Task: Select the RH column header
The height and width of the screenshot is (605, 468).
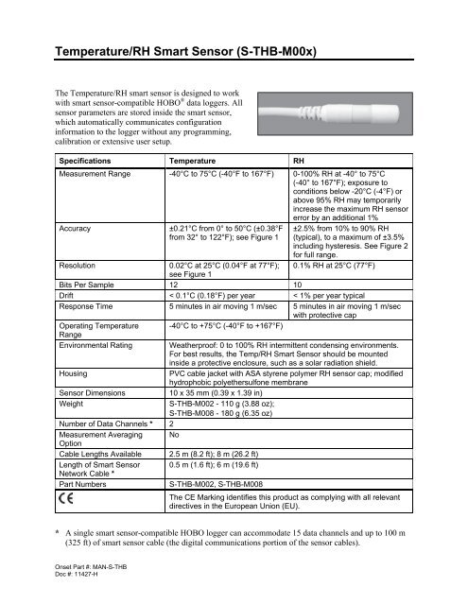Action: click(x=300, y=161)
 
